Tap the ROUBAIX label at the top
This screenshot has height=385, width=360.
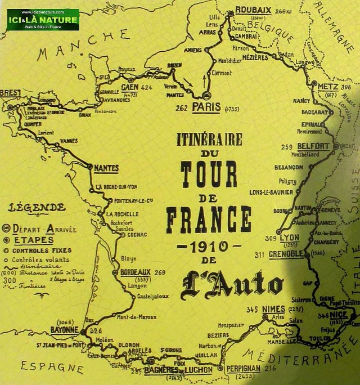[253, 10]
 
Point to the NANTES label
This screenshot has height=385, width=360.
[106, 168]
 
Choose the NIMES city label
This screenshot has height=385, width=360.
[275, 309]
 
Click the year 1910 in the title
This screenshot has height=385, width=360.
[209, 247]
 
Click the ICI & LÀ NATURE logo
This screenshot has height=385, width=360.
[43, 20]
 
